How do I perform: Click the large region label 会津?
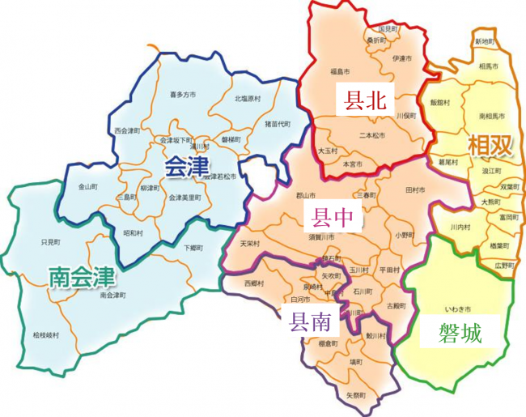click(x=187, y=168)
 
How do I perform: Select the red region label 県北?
click(x=364, y=100)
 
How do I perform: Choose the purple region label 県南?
click(x=311, y=323)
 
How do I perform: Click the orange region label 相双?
click(x=490, y=146)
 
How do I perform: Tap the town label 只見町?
click(x=49, y=241)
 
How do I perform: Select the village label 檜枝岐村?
click(x=46, y=334)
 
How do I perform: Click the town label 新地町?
click(x=485, y=40)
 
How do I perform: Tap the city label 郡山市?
click(x=306, y=196)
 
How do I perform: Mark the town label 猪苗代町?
click(x=277, y=123)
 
